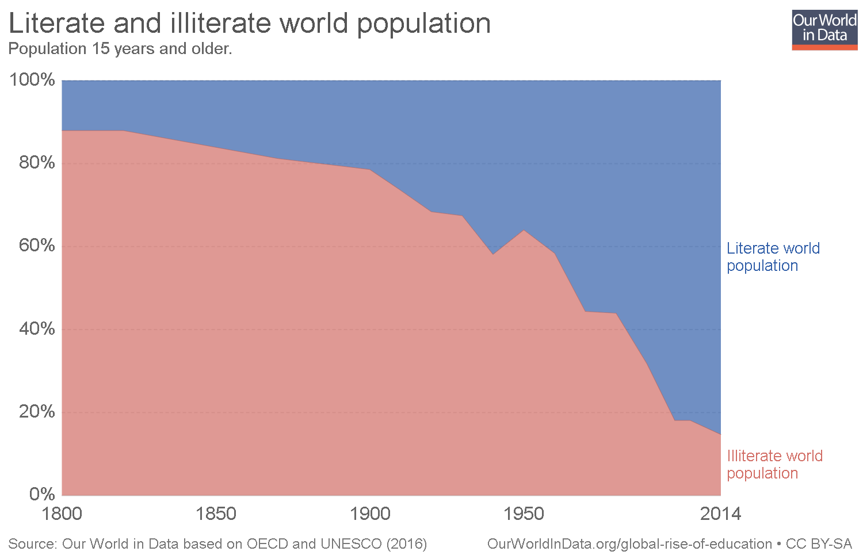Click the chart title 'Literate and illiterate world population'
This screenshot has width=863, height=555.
(250, 24)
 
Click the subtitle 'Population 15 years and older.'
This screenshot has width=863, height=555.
(120, 49)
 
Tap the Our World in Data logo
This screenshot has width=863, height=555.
(824, 29)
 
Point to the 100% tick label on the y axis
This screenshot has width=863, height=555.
(32, 80)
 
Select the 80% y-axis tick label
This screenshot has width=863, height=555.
(37, 163)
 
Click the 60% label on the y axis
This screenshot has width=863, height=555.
(37, 246)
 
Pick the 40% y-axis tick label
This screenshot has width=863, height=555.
(37, 329)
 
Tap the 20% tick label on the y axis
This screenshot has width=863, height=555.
(37, 412)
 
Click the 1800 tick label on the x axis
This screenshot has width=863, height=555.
(62, 514)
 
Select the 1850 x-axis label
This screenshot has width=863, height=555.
(216, 514)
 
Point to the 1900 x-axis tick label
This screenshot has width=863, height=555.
(370, 514)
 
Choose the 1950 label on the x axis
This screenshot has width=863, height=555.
(524, 514)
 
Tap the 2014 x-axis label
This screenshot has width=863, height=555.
(720, 514)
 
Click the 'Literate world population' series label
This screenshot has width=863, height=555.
(773, 257)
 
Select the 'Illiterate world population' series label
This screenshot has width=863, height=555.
(774, 465)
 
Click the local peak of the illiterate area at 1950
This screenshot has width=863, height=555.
(524, 231)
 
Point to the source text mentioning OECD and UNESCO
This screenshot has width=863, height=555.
(217, 544)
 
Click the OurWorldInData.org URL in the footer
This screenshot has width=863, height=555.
(629, 544)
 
